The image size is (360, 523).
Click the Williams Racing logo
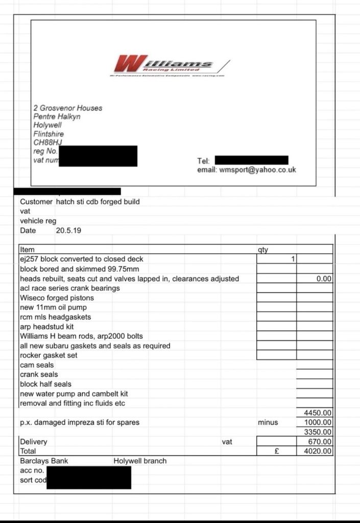(x=169, y=65)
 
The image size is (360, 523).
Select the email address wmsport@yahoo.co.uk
(x=257, y=170)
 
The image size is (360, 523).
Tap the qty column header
(x=263, y=250)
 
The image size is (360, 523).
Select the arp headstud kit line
(x=46, y=326)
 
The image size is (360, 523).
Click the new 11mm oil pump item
(x=53, y=307)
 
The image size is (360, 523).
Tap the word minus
(x=268, y=422)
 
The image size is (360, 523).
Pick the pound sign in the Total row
(x=276, y=451)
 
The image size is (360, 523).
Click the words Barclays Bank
(x=44, y=461)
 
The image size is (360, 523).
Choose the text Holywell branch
(x=140, y=461)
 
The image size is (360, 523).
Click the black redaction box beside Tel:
(x=251, y=160)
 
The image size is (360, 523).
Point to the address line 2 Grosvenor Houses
(x=67, y=108)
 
